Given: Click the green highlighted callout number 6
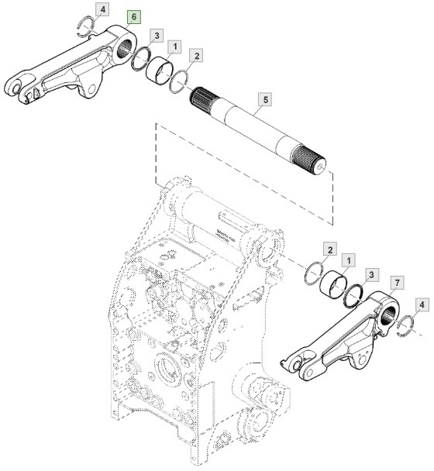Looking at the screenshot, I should (x=133, y=16).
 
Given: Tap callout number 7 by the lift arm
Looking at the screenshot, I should (x=396, y=280).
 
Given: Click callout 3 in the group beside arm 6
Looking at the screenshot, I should (x=157, y=36).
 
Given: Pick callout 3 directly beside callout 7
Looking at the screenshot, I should (x=372, y=274).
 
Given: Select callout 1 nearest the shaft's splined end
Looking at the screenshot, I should (x=176, y=47).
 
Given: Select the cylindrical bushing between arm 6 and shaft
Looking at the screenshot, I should (x=160, y=69).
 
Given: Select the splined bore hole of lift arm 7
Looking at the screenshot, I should (x=388, y=314).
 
